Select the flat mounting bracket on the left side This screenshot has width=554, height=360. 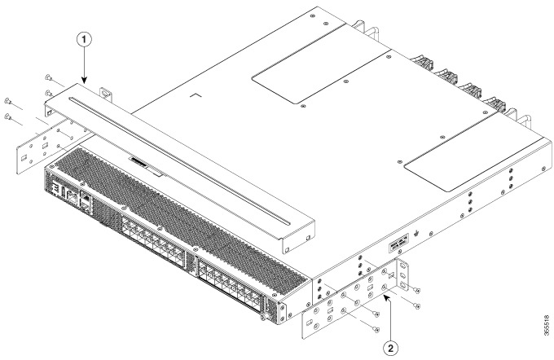tap(39, 149)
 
